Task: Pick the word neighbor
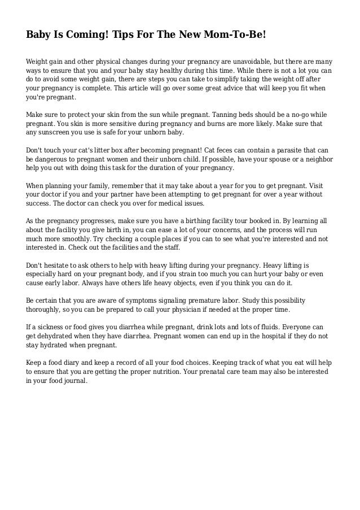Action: pos(316,160)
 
